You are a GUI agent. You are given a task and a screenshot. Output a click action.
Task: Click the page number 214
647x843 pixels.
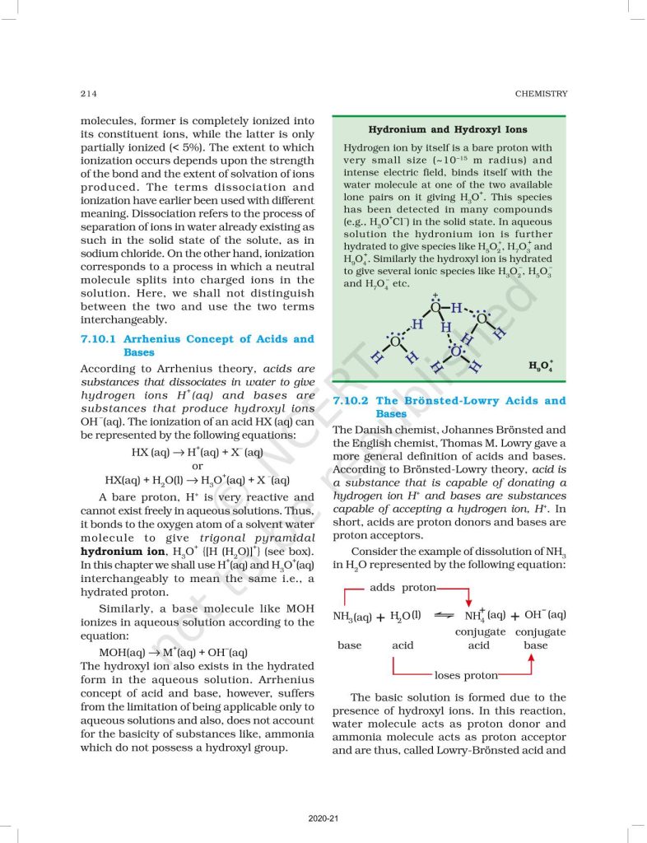(89, 94)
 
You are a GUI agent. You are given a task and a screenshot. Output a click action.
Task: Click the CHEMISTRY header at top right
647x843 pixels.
(541, 94)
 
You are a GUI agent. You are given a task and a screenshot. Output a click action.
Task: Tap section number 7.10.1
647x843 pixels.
(101, 339)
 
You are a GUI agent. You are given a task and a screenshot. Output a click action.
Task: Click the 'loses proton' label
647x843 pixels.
(466, 676)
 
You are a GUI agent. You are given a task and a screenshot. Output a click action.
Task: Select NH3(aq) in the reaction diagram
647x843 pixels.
(352, 616)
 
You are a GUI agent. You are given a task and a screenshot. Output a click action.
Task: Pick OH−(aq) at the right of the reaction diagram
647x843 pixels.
(545, 615)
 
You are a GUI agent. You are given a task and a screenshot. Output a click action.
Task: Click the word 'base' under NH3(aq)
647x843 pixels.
(350, 645)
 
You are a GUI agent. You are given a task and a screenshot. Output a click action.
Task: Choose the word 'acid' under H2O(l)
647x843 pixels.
(403, 645)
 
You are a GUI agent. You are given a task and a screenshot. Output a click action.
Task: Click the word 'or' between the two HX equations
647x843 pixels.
(197, 466)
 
